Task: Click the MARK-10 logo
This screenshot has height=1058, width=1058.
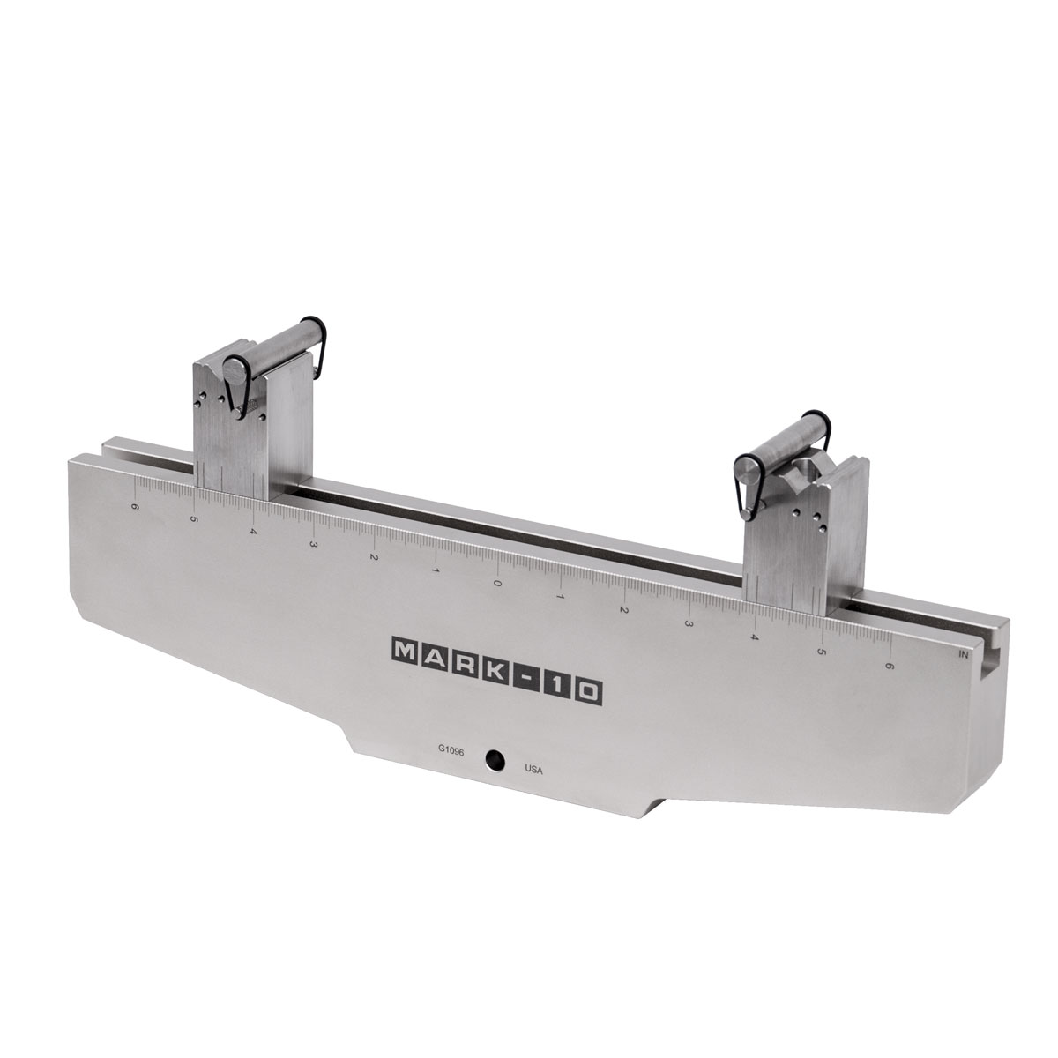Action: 497,670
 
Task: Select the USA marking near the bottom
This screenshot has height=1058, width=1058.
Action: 533,770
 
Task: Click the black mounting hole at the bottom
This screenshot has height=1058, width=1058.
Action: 495,760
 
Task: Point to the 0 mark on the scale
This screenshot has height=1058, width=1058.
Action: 497,583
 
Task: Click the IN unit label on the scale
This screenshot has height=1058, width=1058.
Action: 963,654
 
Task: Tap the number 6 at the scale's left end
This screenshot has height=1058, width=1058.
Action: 135,506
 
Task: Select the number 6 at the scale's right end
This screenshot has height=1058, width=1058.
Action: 889,666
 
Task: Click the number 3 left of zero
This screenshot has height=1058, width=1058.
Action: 313,544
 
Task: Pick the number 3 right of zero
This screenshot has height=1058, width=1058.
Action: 688,623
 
